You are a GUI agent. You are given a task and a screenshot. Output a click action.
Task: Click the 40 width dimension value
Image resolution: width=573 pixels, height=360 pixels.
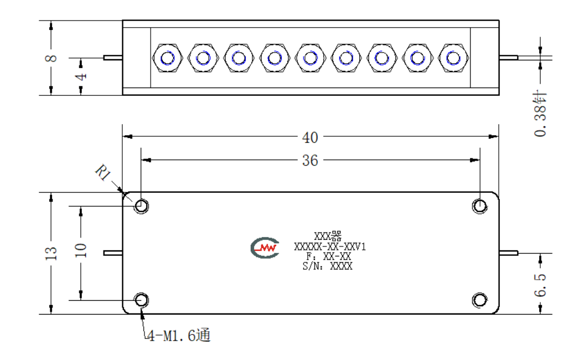pos(310,137)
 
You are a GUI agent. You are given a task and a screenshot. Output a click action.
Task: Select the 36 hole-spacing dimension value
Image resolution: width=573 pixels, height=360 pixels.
pos(310,161)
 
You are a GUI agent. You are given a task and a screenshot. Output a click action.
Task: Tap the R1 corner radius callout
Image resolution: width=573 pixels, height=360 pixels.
pos(104,172)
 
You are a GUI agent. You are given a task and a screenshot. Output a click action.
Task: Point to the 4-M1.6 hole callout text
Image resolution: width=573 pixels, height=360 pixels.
pos(179,336)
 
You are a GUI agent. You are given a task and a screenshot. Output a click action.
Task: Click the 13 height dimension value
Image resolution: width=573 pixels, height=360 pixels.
pos(51,253)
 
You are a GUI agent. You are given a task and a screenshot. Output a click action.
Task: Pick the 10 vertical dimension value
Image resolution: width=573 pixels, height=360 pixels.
pos(80,250)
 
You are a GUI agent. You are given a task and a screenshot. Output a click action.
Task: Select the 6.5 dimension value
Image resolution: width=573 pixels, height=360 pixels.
pos(540,285)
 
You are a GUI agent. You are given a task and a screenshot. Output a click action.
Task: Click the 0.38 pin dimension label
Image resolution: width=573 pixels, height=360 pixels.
pos(540,114)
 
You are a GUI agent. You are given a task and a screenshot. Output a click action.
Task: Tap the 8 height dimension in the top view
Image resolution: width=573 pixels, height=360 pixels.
pos(51,58)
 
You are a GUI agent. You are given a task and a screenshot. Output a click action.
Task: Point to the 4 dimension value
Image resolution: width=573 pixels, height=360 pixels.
pos(81,77)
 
